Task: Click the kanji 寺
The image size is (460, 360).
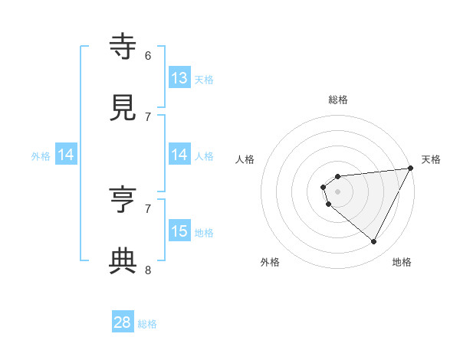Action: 123,47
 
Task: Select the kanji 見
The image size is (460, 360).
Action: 123,108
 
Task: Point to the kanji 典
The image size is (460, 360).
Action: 123,261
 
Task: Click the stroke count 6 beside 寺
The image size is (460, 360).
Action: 148,55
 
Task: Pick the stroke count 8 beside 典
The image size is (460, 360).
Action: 148,270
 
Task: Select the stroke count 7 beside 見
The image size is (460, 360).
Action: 148,116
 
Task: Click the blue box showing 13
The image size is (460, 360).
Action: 179,78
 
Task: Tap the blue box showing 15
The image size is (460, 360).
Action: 179,231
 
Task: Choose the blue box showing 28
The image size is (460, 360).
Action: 123,322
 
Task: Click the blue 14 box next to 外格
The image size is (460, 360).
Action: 66,155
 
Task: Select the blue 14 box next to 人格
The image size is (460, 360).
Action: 179,155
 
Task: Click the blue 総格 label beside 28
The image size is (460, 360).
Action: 148,324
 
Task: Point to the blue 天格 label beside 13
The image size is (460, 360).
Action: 204,79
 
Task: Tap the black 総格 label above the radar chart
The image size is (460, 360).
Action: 337,100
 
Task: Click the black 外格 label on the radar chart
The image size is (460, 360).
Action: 270,262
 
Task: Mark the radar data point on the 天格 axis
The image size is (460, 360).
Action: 410,169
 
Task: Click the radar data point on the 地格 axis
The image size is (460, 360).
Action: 373,242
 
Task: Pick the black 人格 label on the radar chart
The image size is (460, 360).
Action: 245,159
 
